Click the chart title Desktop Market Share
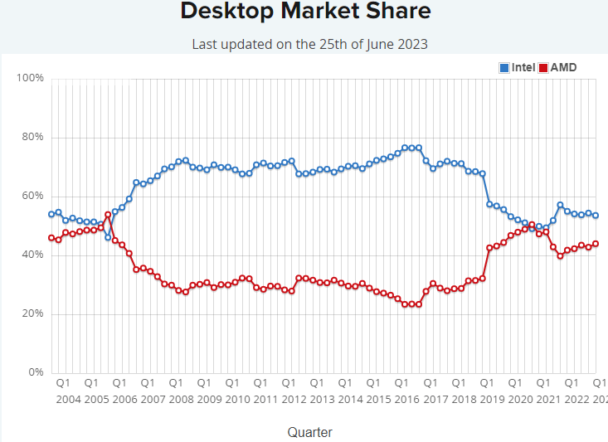click(305, 12)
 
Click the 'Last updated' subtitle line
click(309, 44)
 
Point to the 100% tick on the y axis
click(30, 79)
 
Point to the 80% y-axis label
click(32, 138)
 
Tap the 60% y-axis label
click(32, 197)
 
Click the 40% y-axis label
click(32, 255)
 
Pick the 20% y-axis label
click(32, 313)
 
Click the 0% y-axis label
click(36, 372)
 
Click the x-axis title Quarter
click(309, 432)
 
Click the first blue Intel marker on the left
click(51, 214)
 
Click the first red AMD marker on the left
click(51, 238)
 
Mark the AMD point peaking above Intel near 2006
click(108, 215)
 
